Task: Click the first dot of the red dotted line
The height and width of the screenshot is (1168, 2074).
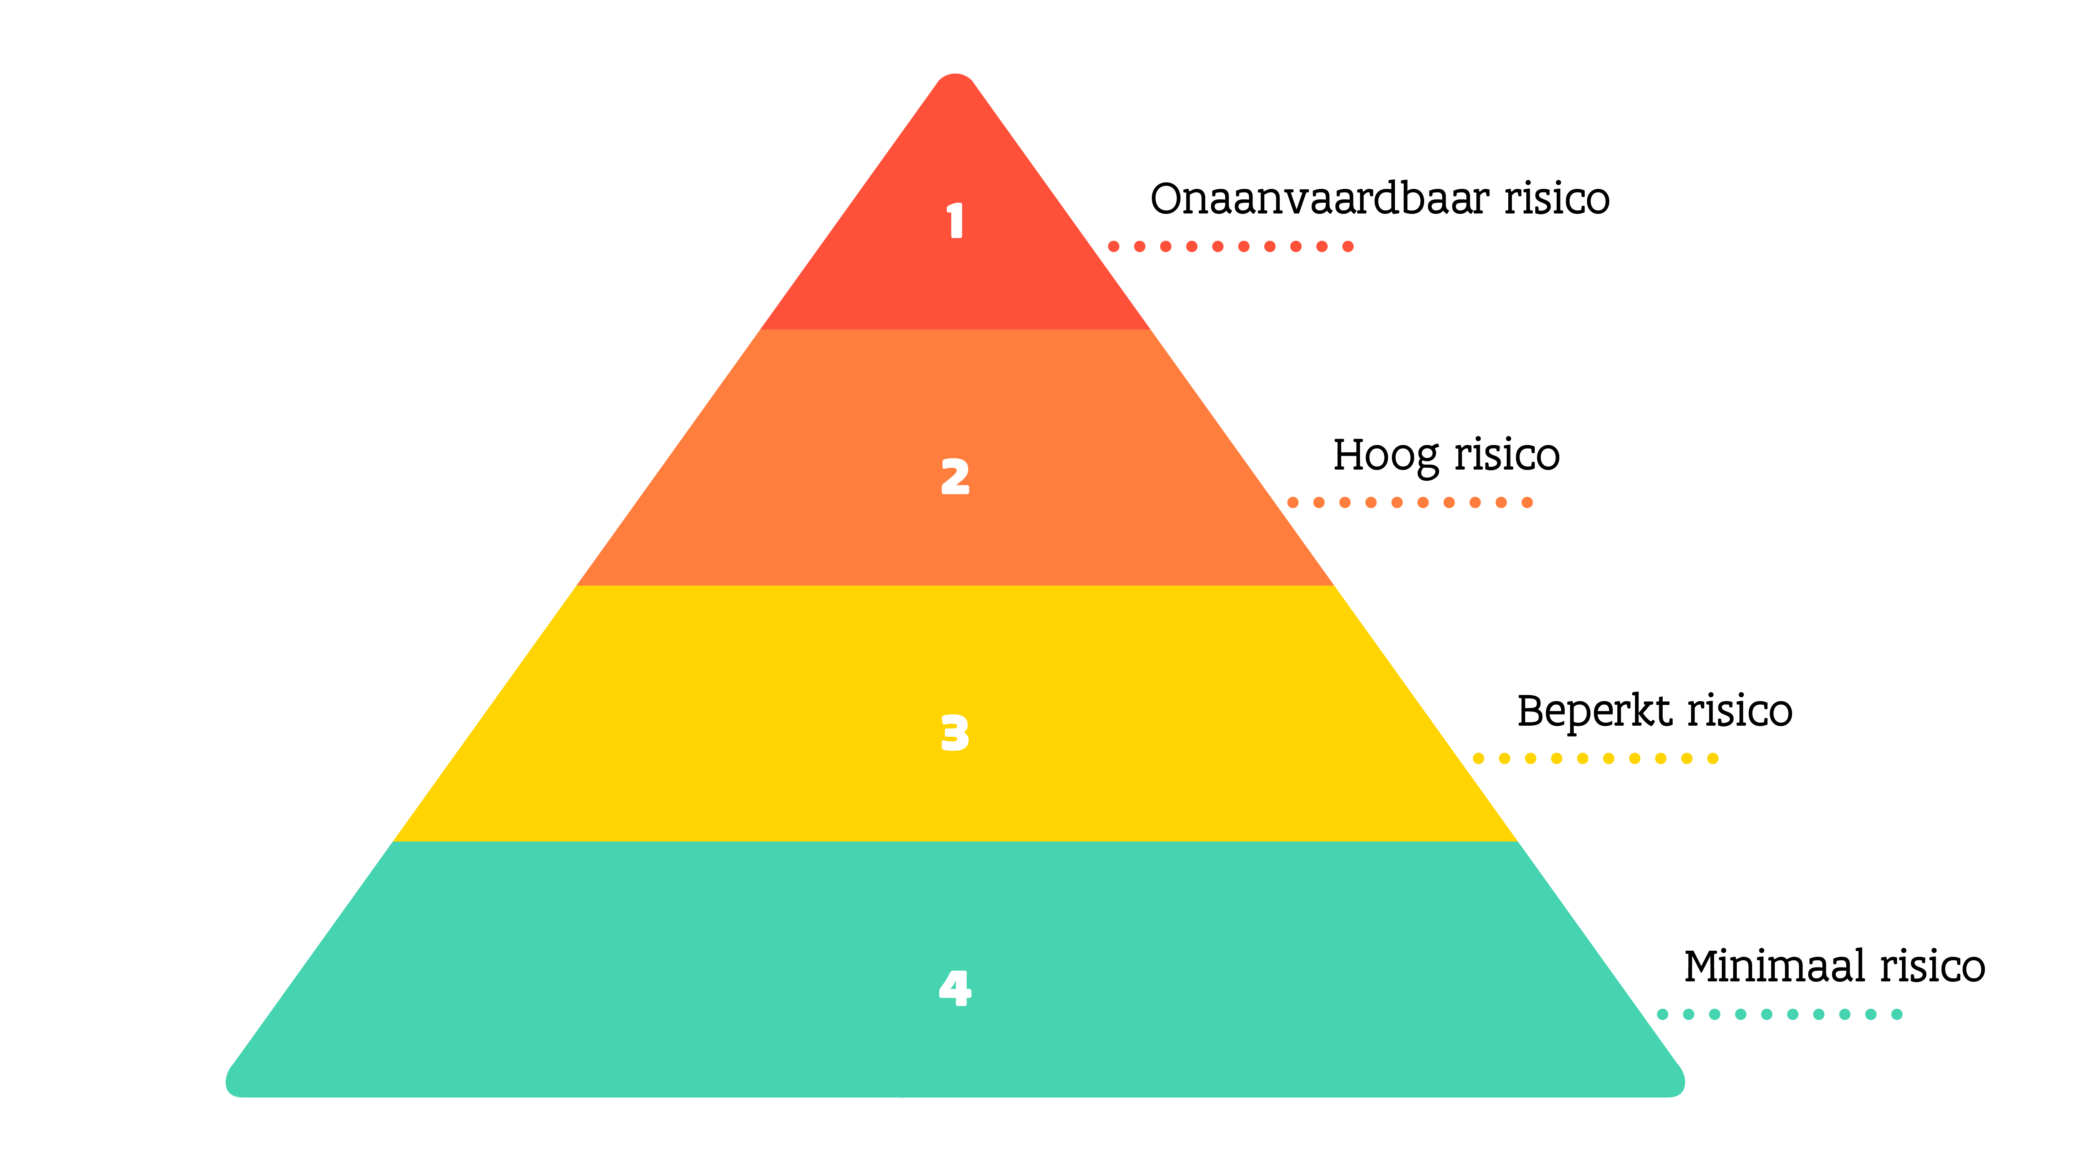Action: pyautogui.click(x=1113, y=247)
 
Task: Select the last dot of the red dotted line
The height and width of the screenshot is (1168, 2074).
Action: pyautogui.click(x=1348, y=247)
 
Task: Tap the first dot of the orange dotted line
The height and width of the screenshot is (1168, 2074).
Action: pyautogui.click(x=1293, y=502)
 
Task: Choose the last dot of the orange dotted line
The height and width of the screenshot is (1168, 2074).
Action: pyautogui.click(x=1527, y=502)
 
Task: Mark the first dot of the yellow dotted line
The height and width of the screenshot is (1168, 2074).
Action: pyautogui.click(x=1478, y=758)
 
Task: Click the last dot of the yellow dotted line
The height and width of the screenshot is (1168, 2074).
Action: pyautogui.click(x=1713, y=758)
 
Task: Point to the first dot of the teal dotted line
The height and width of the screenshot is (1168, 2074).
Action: pyautogui.click(x=1663, y=1014)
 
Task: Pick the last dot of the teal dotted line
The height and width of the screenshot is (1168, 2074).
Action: pyautogui.click(x=1897, y=1014)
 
